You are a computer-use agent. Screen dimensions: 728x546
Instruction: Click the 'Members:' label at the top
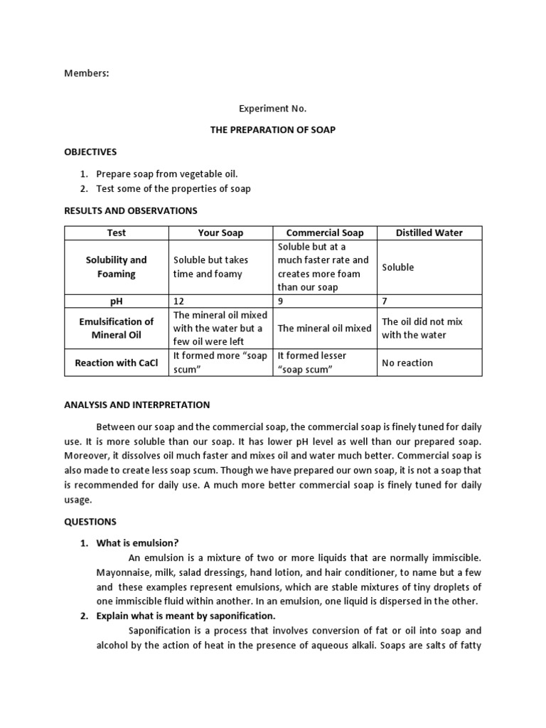87,73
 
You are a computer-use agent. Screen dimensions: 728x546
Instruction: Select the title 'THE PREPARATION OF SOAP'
273,129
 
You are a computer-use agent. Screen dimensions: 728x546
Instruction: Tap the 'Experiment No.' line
272,109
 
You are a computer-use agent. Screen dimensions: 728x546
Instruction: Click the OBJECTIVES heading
90,151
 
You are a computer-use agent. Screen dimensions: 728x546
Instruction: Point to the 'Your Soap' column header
220,232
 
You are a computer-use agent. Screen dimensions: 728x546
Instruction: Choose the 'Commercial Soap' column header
324,232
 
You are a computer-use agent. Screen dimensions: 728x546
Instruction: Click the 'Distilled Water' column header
429,232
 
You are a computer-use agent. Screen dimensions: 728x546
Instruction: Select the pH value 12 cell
179,301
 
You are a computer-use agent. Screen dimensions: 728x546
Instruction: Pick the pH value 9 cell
281,301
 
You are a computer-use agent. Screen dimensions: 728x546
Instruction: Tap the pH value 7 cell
385,301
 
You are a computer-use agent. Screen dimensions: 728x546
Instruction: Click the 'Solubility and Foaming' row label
117,267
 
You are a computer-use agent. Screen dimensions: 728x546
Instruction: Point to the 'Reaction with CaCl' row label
117,363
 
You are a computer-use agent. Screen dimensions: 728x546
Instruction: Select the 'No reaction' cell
407,363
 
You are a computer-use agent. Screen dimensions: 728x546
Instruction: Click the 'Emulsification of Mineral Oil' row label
117,328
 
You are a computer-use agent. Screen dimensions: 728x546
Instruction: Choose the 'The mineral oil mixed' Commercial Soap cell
324,328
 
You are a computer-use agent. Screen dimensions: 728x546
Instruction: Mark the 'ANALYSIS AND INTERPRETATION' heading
137,405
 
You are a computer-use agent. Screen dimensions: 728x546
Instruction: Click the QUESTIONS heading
90,521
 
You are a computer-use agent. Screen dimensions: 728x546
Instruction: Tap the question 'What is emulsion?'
137,543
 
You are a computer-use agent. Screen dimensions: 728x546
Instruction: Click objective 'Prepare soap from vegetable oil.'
167,173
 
